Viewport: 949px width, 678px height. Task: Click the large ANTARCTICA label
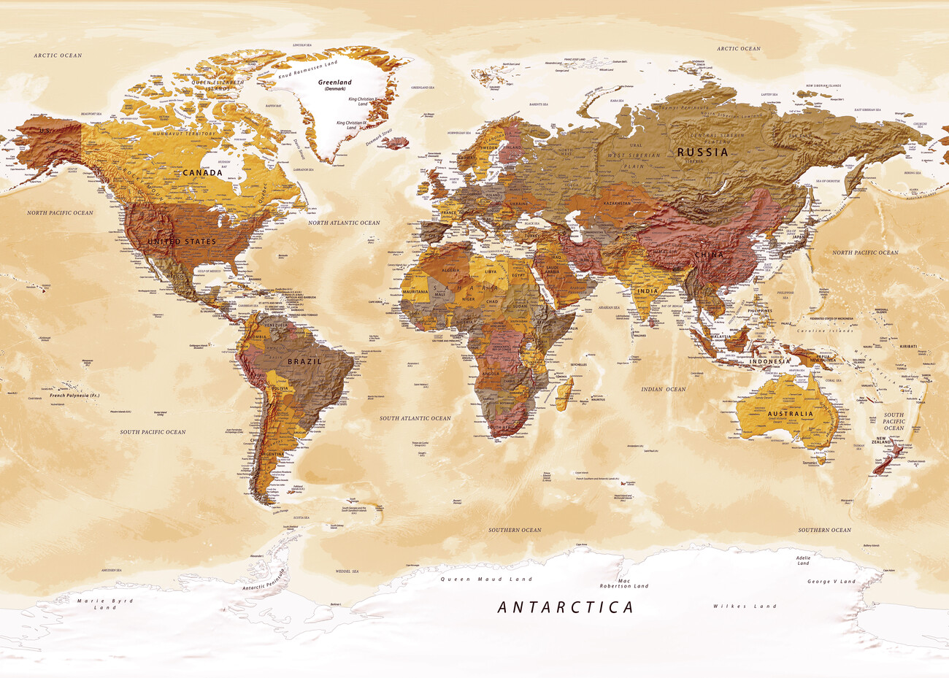565,606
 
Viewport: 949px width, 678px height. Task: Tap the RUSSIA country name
702,152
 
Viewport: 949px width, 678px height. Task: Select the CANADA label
202,173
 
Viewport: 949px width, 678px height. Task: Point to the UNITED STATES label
182,242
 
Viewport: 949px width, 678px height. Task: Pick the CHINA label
709,255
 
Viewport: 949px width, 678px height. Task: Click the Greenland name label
334,82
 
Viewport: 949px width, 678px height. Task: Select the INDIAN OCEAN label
663,389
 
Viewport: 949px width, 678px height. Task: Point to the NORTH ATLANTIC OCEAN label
344,223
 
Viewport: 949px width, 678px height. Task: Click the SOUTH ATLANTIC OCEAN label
415,418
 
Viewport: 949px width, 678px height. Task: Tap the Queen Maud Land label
486,579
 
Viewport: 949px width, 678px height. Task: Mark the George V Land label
831,582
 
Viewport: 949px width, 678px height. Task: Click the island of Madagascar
564,392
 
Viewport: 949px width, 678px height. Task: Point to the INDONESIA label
769,361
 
